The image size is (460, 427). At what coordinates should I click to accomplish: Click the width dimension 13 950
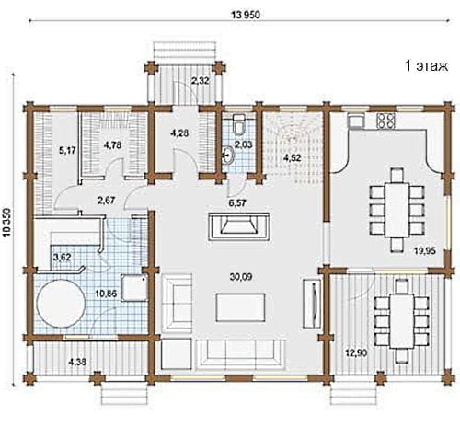246,15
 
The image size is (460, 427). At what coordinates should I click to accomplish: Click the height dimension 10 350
7,223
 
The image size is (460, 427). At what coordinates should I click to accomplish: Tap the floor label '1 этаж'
426,65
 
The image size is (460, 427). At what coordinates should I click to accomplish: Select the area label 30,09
241,277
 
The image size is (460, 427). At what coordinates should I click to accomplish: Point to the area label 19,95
425,251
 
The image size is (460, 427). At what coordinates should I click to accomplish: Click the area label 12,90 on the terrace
356,353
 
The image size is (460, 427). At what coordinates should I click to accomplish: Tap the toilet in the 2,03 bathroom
239,124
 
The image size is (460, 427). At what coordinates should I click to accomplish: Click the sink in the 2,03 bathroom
228,155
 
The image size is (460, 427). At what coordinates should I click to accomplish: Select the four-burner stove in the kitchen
385,121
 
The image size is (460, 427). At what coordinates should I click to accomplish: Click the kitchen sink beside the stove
356,120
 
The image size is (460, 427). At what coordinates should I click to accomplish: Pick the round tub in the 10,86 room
61,304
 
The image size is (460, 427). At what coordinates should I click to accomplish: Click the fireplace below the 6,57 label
239,226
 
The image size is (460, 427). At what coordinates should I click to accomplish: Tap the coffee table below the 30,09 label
240,307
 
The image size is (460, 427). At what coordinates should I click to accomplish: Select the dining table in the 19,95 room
397,210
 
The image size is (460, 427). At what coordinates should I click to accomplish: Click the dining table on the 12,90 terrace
402,321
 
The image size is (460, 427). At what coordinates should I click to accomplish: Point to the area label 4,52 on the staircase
292,158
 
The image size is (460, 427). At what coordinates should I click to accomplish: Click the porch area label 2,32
201,81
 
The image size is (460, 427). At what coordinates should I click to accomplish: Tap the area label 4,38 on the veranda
77,363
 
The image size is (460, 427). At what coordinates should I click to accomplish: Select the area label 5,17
67,150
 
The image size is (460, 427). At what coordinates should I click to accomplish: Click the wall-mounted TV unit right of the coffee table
313,304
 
